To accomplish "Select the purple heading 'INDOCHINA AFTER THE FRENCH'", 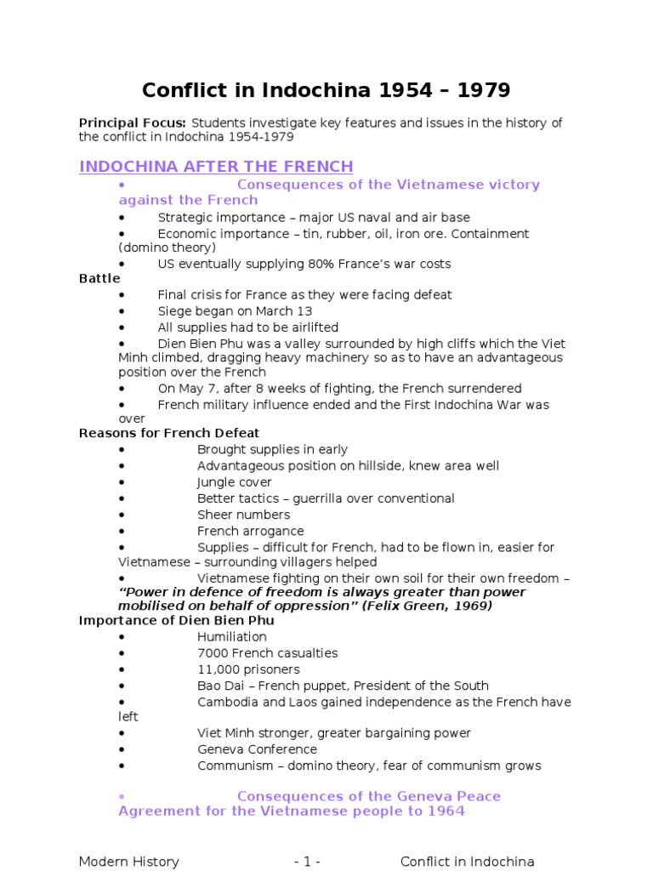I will coord(216,167).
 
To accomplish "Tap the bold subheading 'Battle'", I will coord(99,279).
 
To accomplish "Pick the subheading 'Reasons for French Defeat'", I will coord(169,434).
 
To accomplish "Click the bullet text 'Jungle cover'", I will coord(235,482).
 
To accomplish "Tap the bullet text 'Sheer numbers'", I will coord(243,515).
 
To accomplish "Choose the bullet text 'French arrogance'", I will coord(251,531).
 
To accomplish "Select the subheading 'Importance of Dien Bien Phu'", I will coord(177,621).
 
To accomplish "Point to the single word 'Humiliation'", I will coord(232,637).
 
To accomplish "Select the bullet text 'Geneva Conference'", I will coord(257,749).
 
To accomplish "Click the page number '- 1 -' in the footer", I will coord(307,862).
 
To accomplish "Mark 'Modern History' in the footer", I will coord(129,862).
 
